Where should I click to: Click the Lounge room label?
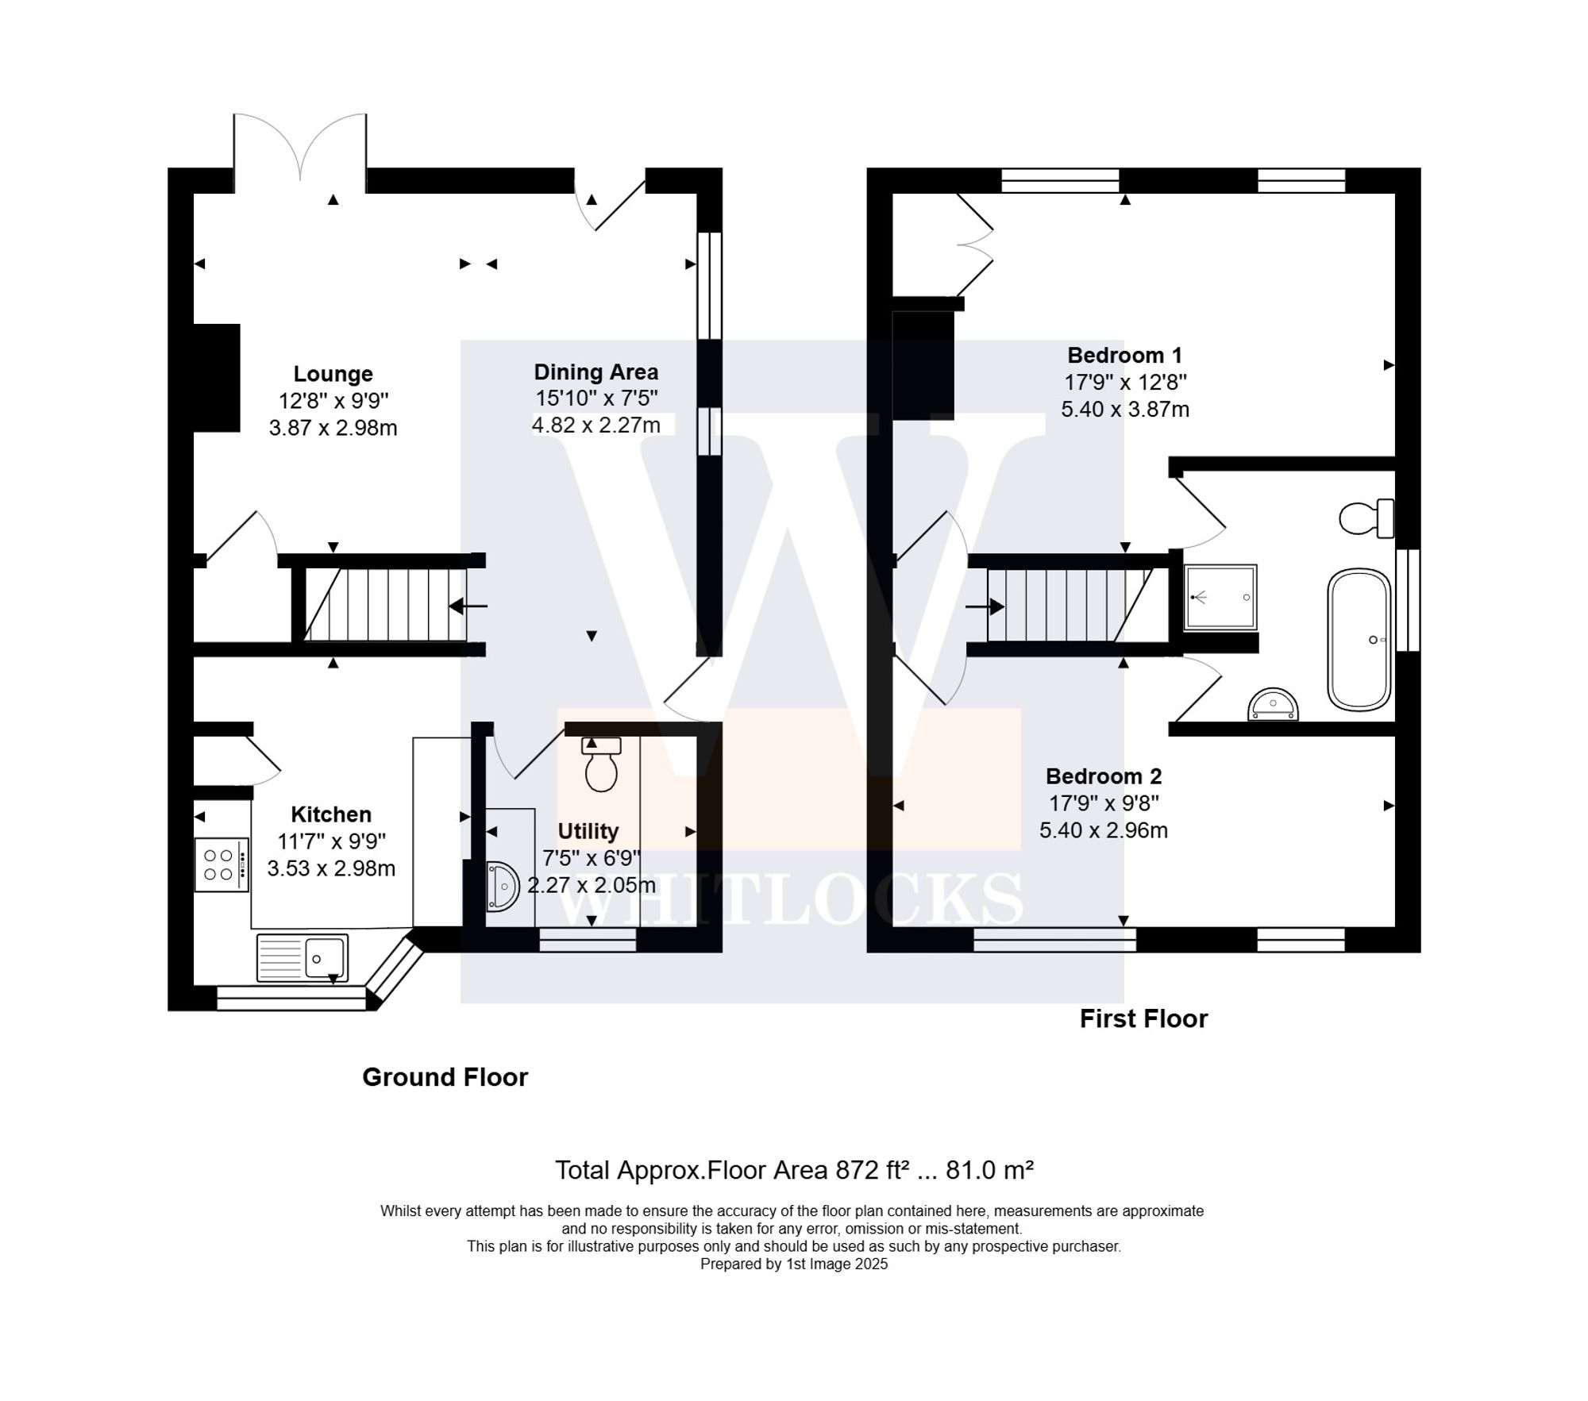point(333,374)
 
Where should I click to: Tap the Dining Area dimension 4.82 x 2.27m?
point(595,425)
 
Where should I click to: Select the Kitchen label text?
point(331,814)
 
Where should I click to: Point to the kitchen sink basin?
point(325,958)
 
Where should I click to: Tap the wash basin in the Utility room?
point(503,886)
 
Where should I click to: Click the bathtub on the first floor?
point(1359,640)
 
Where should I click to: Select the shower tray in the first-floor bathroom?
point(1220,597)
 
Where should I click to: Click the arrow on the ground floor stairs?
point(468,606)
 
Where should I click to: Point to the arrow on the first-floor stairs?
point(985,608)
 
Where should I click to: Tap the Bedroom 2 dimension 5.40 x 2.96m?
point(1103,830)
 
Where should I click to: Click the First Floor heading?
point(1143,1018)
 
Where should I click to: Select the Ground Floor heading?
point(445,1077)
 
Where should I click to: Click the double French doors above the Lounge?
point(300,151)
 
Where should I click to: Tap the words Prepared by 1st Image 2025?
point(793,1264)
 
